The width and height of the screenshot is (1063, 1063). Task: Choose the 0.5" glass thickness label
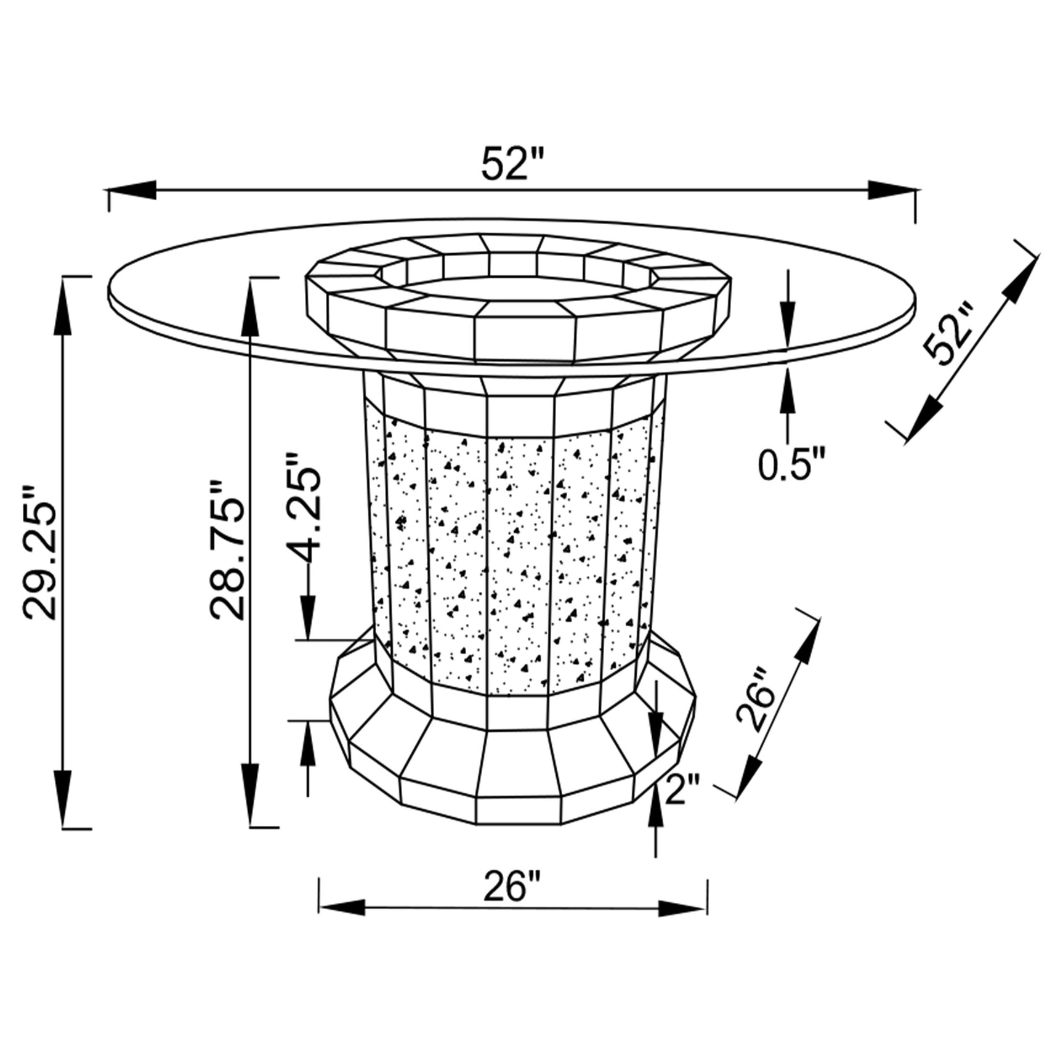point(791,465)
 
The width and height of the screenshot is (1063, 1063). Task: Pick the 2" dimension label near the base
point(683,790)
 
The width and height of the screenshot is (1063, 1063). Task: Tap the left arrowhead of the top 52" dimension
point(132,189)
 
